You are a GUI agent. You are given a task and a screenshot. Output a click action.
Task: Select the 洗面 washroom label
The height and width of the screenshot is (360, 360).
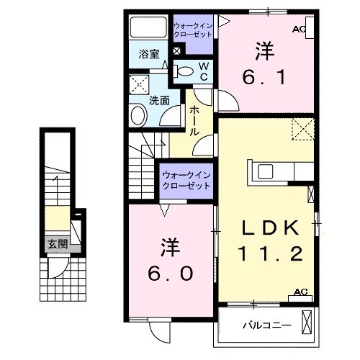158,101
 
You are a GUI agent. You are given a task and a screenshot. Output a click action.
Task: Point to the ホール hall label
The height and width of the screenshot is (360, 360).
194,122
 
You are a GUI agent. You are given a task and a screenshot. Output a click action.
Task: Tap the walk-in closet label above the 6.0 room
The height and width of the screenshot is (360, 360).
185,180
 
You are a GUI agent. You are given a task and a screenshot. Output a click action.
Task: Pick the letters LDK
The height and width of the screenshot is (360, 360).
269,227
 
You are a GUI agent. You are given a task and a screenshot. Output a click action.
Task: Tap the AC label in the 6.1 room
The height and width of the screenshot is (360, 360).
300,29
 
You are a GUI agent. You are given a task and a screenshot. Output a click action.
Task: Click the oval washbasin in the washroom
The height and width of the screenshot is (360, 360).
137,116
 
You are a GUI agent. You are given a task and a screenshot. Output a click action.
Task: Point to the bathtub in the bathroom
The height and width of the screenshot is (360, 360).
148,29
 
